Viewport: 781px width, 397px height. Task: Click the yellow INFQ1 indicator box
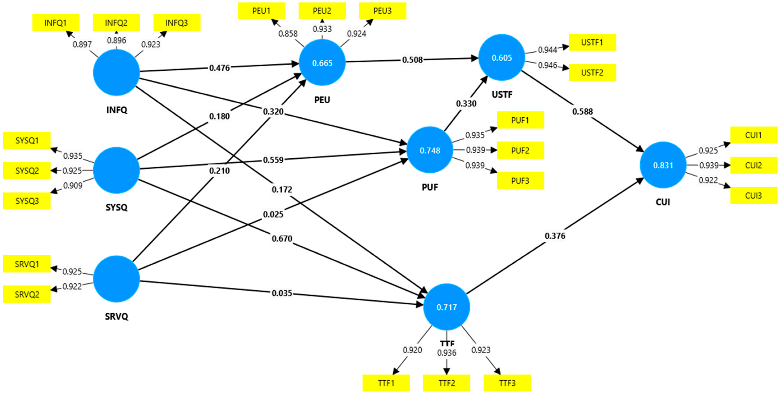point(56,22)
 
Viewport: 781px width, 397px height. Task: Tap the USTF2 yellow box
point(592,72)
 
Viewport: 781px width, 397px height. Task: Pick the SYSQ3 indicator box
point(27,201)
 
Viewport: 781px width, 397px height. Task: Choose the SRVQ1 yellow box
point(27,264)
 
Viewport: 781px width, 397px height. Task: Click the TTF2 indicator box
point(447,383)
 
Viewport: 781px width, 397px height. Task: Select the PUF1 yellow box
point(520,120)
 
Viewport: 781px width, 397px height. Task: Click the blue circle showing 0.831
point(663,165)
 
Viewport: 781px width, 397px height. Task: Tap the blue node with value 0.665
point(322,63)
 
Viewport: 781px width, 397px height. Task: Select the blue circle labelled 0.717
point(447,307)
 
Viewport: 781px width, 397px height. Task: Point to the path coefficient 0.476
point(219,68)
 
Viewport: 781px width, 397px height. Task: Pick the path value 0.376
point(555,236)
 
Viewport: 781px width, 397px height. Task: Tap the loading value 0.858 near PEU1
point(288,33)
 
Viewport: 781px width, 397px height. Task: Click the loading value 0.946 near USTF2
point(548,65)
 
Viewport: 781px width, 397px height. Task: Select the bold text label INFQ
point(117,110)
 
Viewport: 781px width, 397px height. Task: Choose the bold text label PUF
point(430,187)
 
